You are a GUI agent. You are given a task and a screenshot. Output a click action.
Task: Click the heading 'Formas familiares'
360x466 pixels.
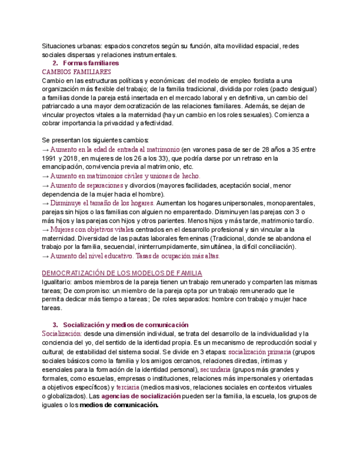click(91, 63)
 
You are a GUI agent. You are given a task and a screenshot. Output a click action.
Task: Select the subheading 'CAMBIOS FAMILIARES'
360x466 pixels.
click(76, 72)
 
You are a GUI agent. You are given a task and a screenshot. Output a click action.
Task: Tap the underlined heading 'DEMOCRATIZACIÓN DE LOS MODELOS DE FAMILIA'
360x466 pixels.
click(122, 273)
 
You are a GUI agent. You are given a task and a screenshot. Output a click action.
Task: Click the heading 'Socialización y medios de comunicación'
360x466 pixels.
click(125, 325)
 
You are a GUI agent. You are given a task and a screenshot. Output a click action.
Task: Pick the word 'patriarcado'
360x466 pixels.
click(62, 106)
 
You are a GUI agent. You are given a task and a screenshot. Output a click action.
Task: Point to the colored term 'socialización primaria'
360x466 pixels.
click(259, 352)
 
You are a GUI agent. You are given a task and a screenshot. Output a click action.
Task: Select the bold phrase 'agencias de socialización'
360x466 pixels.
click(141, 396)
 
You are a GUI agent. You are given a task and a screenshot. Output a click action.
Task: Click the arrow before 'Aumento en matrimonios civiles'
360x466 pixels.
click(45, 176)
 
